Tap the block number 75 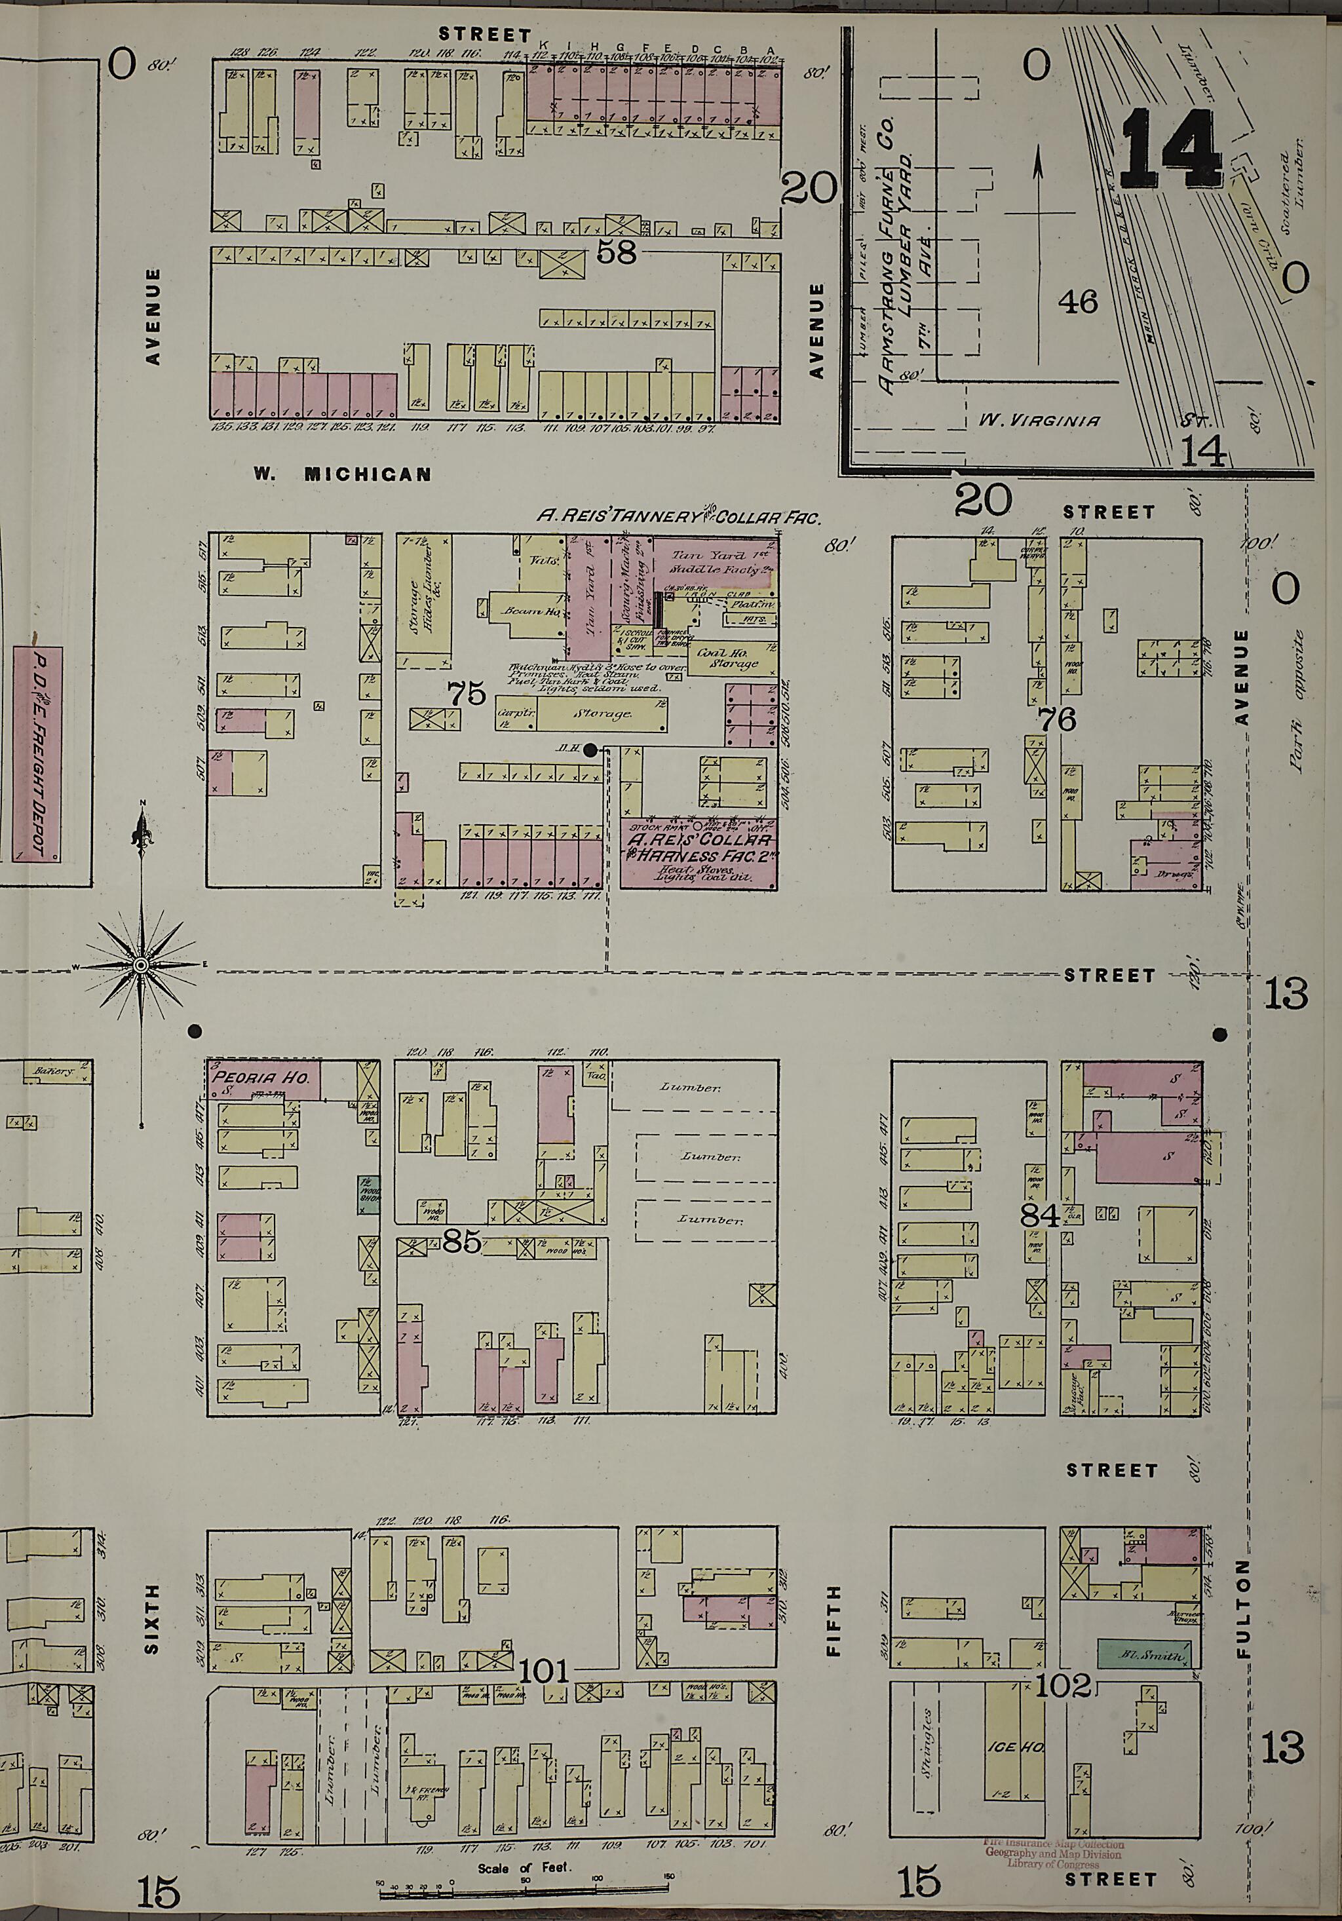click(x=466, y=693)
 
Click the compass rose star click(x=142, y=966)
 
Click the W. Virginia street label click(x=1039, y=420)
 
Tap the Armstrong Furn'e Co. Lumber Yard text click(x=895, y=251)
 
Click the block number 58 click(x=616, y=252)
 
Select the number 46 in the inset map click(x=1077, y=302)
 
